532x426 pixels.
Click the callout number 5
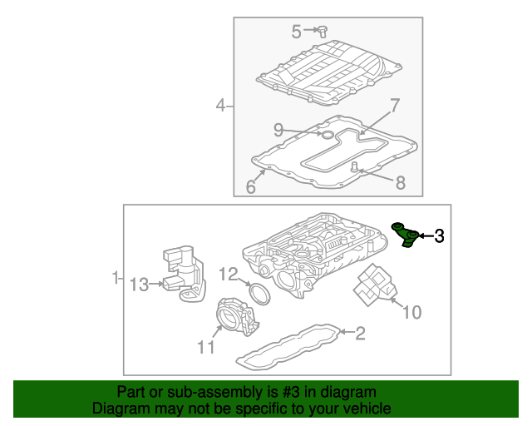point(296,32)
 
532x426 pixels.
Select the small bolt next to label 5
point(323,32)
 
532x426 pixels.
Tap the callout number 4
point(220,105)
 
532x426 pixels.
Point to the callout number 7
point(395,106)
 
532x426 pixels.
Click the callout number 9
point(279,129)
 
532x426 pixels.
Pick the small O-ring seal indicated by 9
point(327,133)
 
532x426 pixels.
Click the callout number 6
point(251,187)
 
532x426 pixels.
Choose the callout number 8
point(400,182)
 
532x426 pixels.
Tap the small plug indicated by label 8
point(354,168)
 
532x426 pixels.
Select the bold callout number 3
point(439,236)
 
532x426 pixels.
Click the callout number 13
point(138,285)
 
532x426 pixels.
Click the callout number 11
point(205,346)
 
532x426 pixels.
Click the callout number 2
point(359,334)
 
